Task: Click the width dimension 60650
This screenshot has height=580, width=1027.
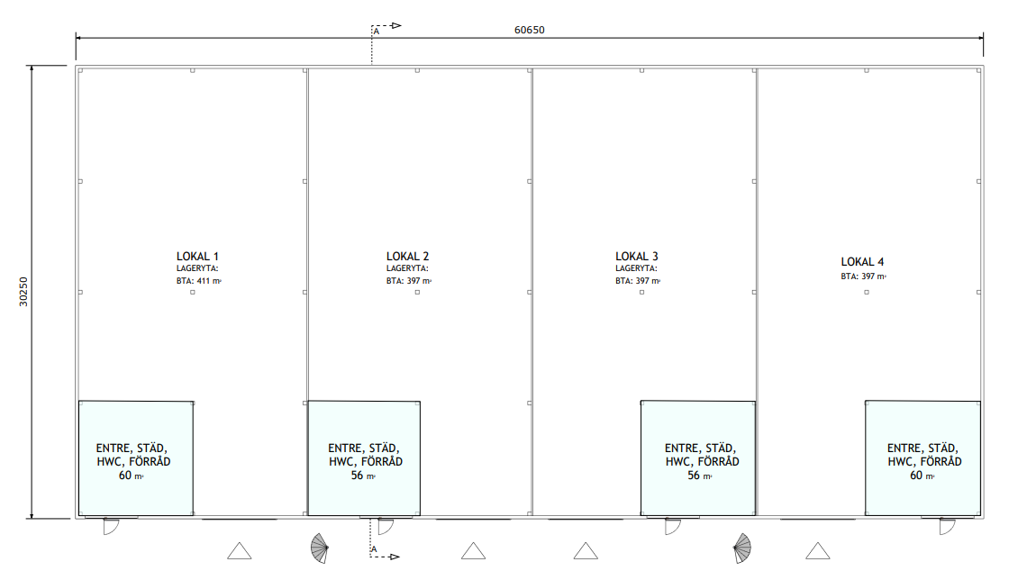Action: (x=529, y=30)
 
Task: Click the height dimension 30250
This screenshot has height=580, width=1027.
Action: (x=23, y=291)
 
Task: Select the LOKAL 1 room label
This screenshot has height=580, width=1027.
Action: (x=197, y=257)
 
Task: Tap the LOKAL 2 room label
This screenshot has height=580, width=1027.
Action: (x=407, y=257)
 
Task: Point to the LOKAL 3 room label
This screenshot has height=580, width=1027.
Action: (x=637, y=257)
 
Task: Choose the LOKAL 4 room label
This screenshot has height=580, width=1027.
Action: (x=863, y=262)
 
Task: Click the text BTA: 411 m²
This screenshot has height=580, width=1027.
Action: (x=198, y=281)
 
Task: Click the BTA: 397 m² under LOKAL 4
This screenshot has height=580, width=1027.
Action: (x=863, y=276)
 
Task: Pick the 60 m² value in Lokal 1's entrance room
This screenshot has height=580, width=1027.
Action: (x=131, y=476)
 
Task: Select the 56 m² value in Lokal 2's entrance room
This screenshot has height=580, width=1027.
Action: (x=363, y=476)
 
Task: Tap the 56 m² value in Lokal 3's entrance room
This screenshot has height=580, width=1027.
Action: (x=699, y=476)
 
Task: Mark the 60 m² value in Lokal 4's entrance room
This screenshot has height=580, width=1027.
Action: (x=922, y=476)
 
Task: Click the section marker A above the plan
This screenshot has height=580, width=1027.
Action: (x=377, y=32)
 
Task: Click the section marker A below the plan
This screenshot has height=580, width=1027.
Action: (x=374, y=549)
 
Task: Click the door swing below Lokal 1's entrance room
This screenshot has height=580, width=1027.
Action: (x=112, y=526)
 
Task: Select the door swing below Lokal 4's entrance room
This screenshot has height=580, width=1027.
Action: (x=947, y=526)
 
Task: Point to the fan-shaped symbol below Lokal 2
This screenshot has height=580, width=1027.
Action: (x=320, y=548)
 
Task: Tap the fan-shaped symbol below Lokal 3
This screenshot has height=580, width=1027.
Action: (x=742, y=548)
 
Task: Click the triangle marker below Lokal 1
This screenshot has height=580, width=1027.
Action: (x=240, y=551)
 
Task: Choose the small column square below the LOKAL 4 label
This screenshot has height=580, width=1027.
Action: (x=867, y=292)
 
